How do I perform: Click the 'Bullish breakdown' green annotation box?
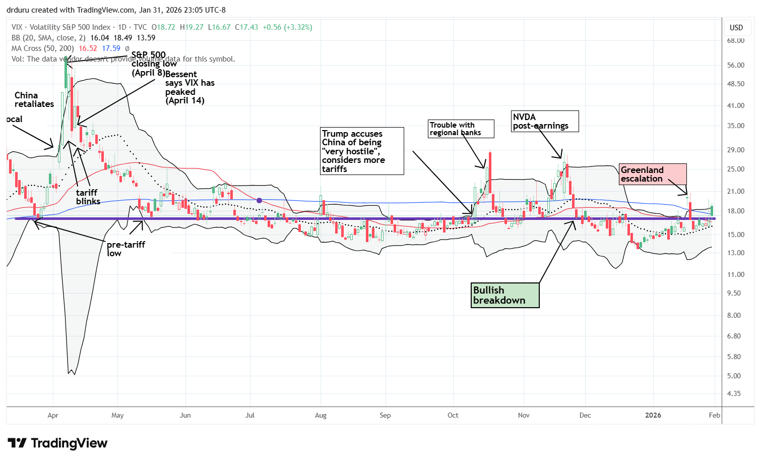[505, 295]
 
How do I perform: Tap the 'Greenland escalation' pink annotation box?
[653, 174]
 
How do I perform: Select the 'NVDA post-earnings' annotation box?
[544, 121]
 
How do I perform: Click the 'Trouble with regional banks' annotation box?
[461, 129]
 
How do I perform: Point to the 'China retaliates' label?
[34, 99]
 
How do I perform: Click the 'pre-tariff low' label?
[125, 248]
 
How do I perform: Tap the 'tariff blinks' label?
[88, 197]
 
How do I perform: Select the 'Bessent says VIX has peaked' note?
[189, 87]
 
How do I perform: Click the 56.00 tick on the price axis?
[736, 65]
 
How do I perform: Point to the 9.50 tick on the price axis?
[736, 293]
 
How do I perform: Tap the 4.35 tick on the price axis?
[736, 393]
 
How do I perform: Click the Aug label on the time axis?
[321, 415]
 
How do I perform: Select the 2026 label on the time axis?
[653, 415]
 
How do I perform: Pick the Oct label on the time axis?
[453, 415]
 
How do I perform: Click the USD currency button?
[736, 27]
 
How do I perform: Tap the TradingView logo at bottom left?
[57, 443]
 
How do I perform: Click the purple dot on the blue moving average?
[259, 200]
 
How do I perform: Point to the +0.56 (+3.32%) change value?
[287, 27]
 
